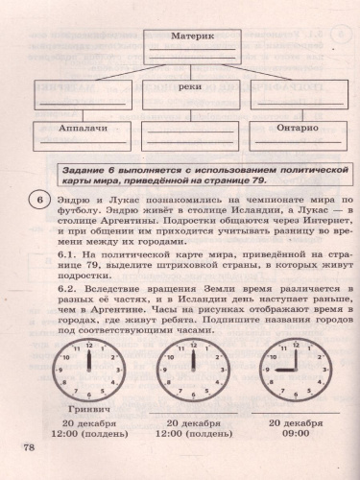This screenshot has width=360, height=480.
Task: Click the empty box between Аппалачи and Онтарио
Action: click(x=180, y=135)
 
